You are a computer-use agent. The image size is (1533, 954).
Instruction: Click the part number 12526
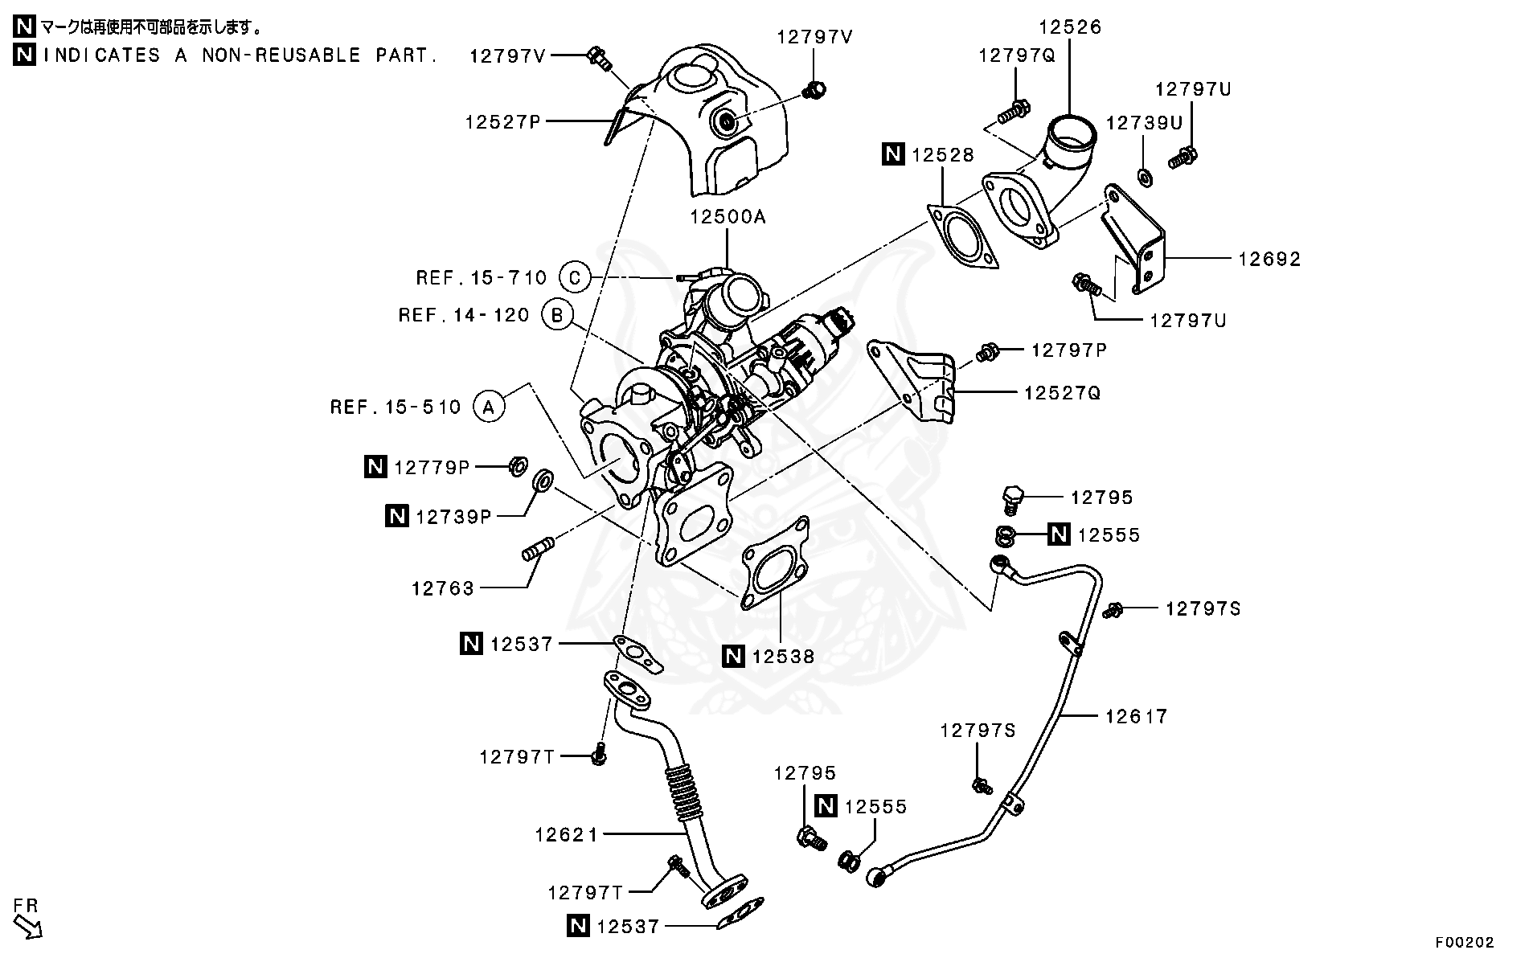(1069, 27)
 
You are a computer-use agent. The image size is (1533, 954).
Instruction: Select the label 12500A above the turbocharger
(728, 218)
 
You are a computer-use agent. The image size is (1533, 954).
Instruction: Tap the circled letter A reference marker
(488, 407)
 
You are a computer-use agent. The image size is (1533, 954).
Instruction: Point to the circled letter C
(574, 278)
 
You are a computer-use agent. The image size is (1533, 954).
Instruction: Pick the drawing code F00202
(1465, 941)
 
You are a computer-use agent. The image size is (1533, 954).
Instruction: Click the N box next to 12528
(893, 154)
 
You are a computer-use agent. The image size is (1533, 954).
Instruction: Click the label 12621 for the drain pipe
(567, 835)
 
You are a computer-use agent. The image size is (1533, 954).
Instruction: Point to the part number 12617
(1135, 716)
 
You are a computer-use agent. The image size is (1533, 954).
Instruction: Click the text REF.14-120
(464, 315)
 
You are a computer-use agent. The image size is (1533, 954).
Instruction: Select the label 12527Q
(1062, 393)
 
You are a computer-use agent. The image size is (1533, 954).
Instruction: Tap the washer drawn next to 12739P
(543, 481)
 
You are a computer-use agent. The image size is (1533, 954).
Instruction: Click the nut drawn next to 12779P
(519, 465)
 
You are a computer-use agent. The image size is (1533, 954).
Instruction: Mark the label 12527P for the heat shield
(502, 122)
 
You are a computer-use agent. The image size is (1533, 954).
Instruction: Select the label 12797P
(1068, 350)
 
